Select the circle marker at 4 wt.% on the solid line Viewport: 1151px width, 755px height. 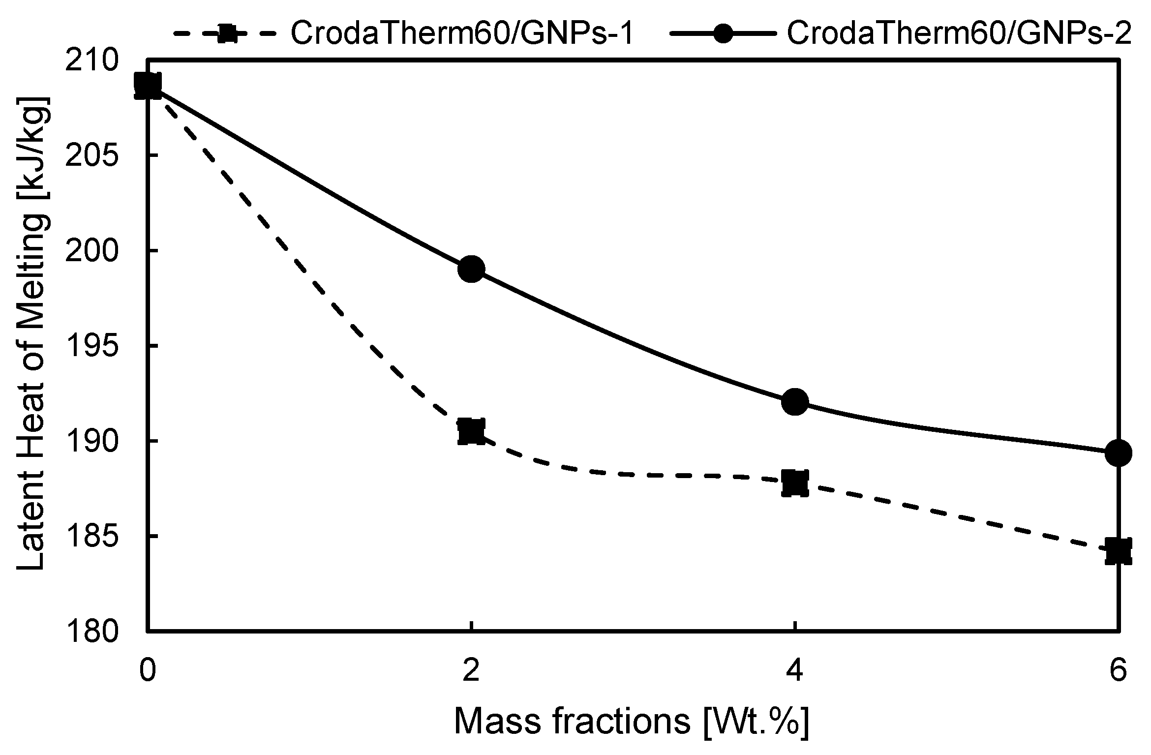click(795, 402)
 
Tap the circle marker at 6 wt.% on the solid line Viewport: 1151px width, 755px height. click(1118, 453)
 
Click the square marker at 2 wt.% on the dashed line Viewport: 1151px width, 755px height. click(471, 432)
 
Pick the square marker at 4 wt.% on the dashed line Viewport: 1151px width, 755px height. click(795, 483)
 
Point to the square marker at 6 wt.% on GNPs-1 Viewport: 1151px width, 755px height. click(1118, 551)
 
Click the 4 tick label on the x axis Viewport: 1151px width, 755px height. click(795, 671)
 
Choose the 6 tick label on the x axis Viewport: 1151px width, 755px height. click(1118, 671)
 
